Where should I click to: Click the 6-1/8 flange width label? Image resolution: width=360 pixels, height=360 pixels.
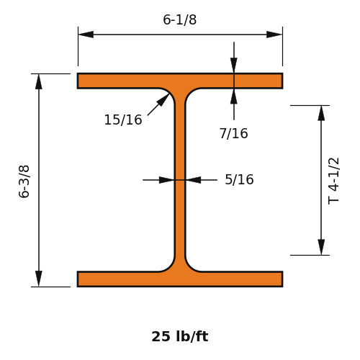pos(180,19)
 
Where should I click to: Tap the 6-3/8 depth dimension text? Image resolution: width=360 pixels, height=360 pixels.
pos(24,181)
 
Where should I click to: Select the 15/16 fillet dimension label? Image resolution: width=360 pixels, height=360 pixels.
pos(123,120)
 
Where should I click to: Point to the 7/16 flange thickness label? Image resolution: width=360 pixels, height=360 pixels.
pos(234,133)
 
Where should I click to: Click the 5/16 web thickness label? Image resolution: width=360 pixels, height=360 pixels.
pos(239,179)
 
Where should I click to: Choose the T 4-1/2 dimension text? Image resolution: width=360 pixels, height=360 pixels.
pos(333,181)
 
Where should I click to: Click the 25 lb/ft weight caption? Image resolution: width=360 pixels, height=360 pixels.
pos(180,336)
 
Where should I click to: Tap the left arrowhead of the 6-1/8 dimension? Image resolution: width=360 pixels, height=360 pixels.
pos(86,35)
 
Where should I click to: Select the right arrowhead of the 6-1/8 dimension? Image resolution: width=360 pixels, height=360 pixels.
pos(274,35)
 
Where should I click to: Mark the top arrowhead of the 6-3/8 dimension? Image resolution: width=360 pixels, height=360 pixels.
pos(39,81)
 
